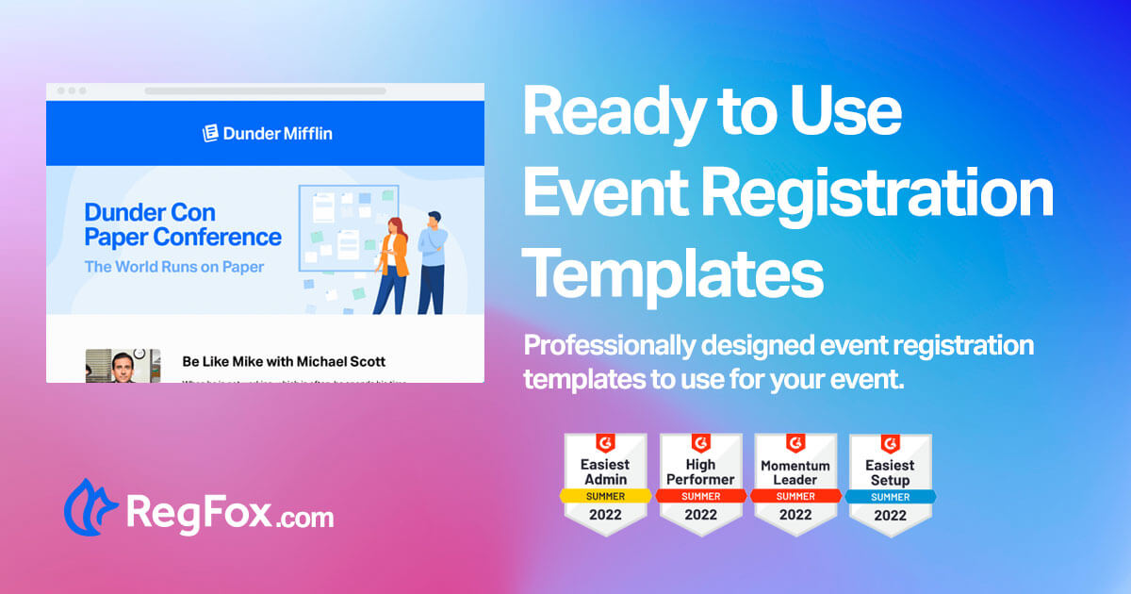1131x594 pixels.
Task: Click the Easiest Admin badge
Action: [x=605, y=483]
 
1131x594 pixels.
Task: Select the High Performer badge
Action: [x=700, y=483]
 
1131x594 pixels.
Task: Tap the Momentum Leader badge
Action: [x=795, y=483]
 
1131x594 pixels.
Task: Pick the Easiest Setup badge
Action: [x=891, y=483]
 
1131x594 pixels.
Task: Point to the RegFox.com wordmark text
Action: [x=230, y=515]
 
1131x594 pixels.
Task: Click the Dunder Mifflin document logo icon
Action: [x=211, y=133]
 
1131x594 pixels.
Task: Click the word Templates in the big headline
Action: [x=673, y=272]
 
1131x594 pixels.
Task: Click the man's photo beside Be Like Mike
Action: [x=109, y=366]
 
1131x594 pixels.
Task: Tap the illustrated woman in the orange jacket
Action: [x=393, y=265]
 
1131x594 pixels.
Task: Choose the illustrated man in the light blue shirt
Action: [x=432, y=261]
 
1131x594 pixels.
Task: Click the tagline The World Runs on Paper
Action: [x=174, y=267]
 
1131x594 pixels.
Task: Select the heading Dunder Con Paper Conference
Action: [x=183, y=224]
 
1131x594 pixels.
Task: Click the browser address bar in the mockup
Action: [x=265, y=91]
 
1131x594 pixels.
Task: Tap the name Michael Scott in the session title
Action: [x=341, y=361]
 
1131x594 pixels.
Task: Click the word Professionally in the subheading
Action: [x=608, y=346]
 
